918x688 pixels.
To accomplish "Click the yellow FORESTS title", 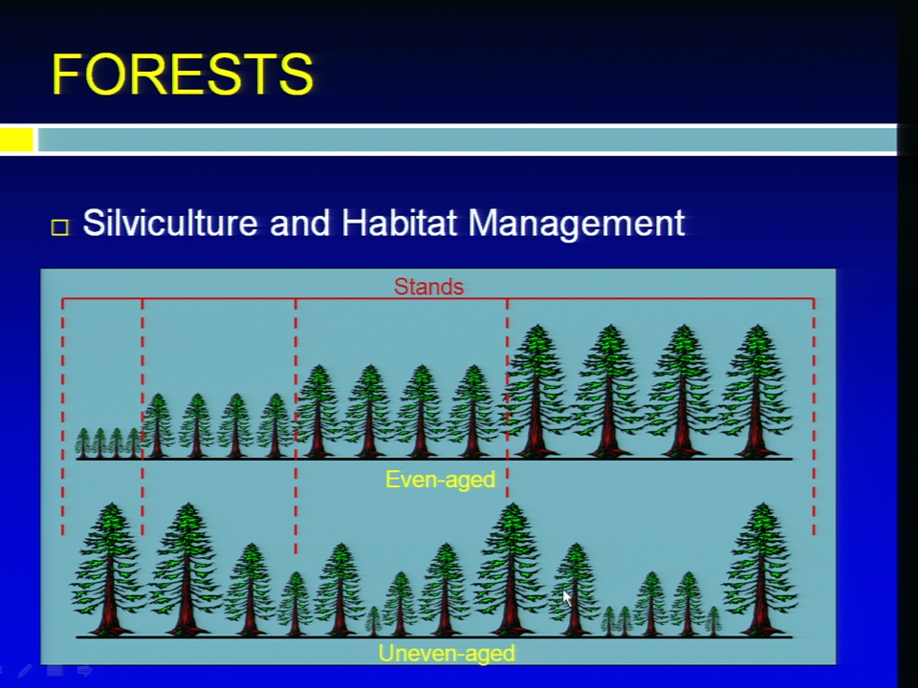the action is tap(183, 75).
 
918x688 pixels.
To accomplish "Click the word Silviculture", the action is tap(170, 223).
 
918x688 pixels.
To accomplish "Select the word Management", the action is tap(576, 224).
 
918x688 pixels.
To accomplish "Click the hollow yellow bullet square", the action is tap(59, 227).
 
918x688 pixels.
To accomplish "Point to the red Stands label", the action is tap(428, 287).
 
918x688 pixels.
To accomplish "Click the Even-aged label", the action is tap(440, 480).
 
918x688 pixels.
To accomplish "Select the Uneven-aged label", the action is tap(447, 653).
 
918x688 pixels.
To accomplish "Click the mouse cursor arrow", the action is tap(567, 598).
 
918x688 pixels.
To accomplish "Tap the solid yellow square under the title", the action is tap(16, 140).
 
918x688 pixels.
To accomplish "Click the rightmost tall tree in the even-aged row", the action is tap(756, 391).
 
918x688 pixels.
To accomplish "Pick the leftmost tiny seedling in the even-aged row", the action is tap(83, 442).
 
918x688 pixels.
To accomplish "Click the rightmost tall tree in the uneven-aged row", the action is tap(761, 570).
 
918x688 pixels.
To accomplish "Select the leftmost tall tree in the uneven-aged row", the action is tap(109, 570).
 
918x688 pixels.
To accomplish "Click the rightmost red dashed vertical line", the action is tap(814, 417).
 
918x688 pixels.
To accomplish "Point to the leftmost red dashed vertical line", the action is tap(63, 417).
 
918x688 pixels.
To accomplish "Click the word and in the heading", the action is tap(299, 224).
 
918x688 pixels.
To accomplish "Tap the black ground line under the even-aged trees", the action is tap(434, 459).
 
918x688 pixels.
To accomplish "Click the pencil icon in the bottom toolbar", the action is tap(25, 671).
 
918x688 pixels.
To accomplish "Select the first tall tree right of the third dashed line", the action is tap(536, 391).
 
